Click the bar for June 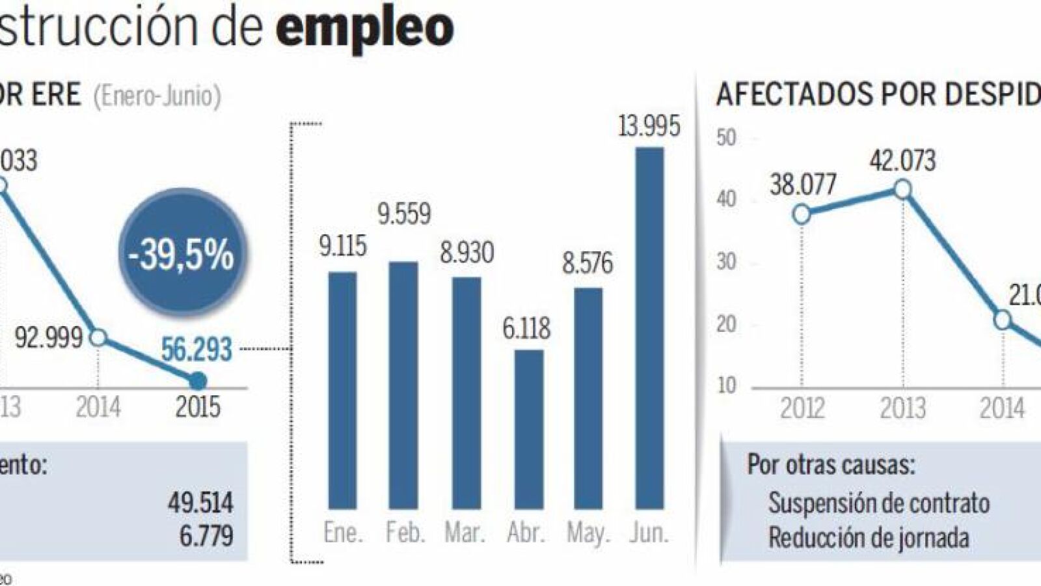649,328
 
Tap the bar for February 403,385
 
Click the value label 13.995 649,126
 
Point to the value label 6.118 526,328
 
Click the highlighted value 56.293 196,350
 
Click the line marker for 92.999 98,338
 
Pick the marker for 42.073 902,189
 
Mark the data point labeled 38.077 802,214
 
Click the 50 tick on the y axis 726,138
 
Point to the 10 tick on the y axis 726,385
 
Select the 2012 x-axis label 802,408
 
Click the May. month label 588,533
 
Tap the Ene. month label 342,533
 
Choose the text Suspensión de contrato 878,503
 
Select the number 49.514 200,503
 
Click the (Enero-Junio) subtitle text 157,96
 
